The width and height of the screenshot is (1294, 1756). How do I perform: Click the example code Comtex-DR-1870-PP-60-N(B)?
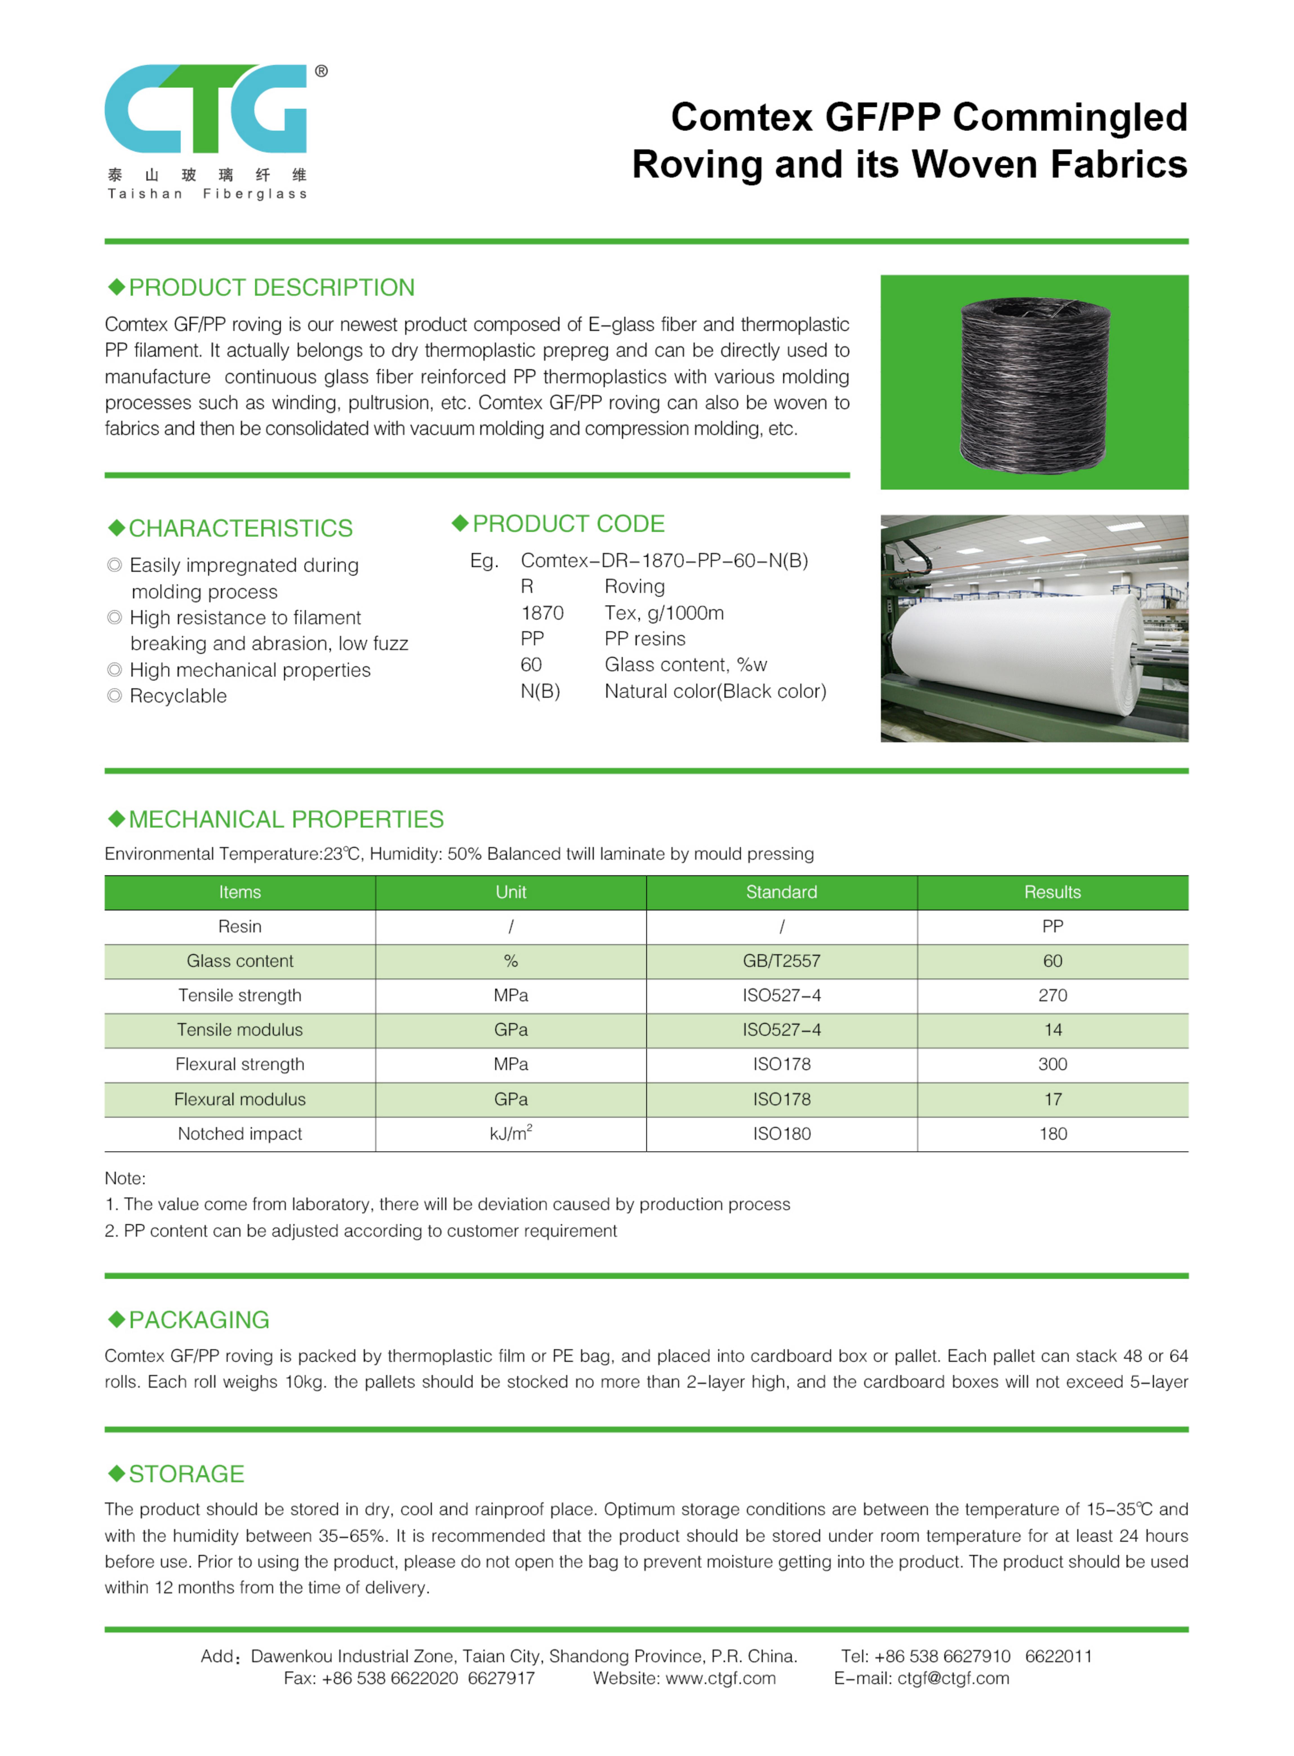click(x=664, y=561)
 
